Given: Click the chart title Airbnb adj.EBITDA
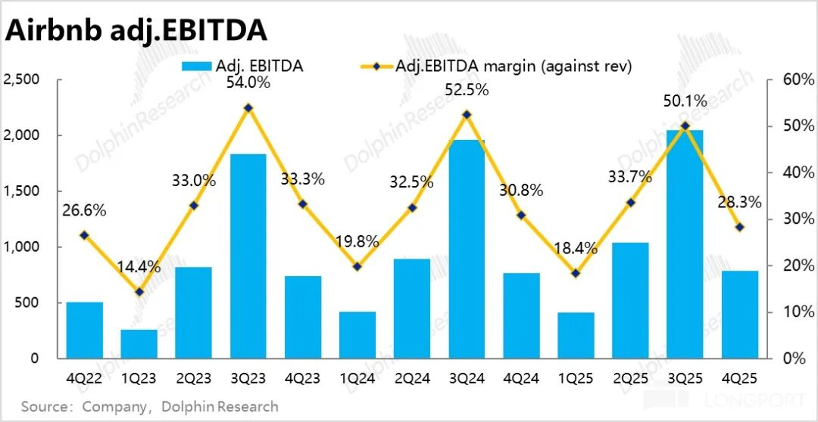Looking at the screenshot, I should tap(136, 29).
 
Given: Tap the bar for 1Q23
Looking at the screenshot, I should tap(139, 343).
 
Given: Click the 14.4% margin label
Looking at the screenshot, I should tap(139, 266).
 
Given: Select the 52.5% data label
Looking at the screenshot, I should tap(467, 89).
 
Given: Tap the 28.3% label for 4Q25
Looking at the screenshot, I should tap(739, 202).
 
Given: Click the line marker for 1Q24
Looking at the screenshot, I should tap(357, 266).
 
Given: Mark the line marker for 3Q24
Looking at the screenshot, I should tap(467, 114).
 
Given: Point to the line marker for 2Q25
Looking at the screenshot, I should tap(631, 202).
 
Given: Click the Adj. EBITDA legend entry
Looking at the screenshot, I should tap(242, 66).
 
